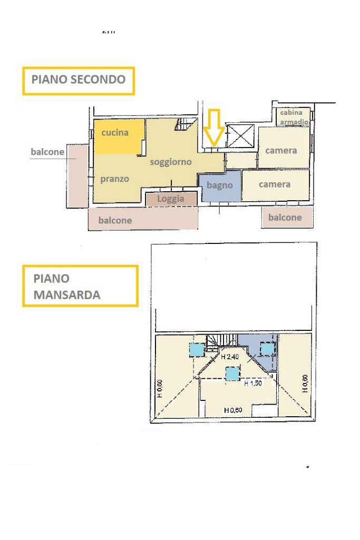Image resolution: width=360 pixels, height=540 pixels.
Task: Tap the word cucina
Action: point(115,133)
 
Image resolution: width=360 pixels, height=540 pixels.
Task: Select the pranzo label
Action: point(114,179)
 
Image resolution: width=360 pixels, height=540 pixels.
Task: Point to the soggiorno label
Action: point(170,162)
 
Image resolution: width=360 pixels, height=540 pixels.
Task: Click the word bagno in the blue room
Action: point(219,185)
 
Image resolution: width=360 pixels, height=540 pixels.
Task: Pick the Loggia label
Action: point(171,199)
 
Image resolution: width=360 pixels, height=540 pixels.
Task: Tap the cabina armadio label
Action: point(291,116)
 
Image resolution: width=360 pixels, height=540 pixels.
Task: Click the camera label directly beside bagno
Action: point(274,184)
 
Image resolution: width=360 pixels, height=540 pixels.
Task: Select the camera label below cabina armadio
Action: point(281,151)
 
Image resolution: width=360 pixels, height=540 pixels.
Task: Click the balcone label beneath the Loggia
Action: point(114,220)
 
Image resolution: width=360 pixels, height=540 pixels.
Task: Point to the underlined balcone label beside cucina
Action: point(47,152)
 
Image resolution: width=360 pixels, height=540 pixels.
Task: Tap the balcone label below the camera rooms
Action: point(285,217)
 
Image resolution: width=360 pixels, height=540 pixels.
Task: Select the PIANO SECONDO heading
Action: point(79,80)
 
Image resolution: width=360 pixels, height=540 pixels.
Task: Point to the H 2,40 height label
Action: point(231,357)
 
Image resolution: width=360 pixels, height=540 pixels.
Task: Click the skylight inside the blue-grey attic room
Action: point(268,349)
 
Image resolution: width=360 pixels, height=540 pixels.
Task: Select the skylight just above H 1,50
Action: point(232,374)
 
